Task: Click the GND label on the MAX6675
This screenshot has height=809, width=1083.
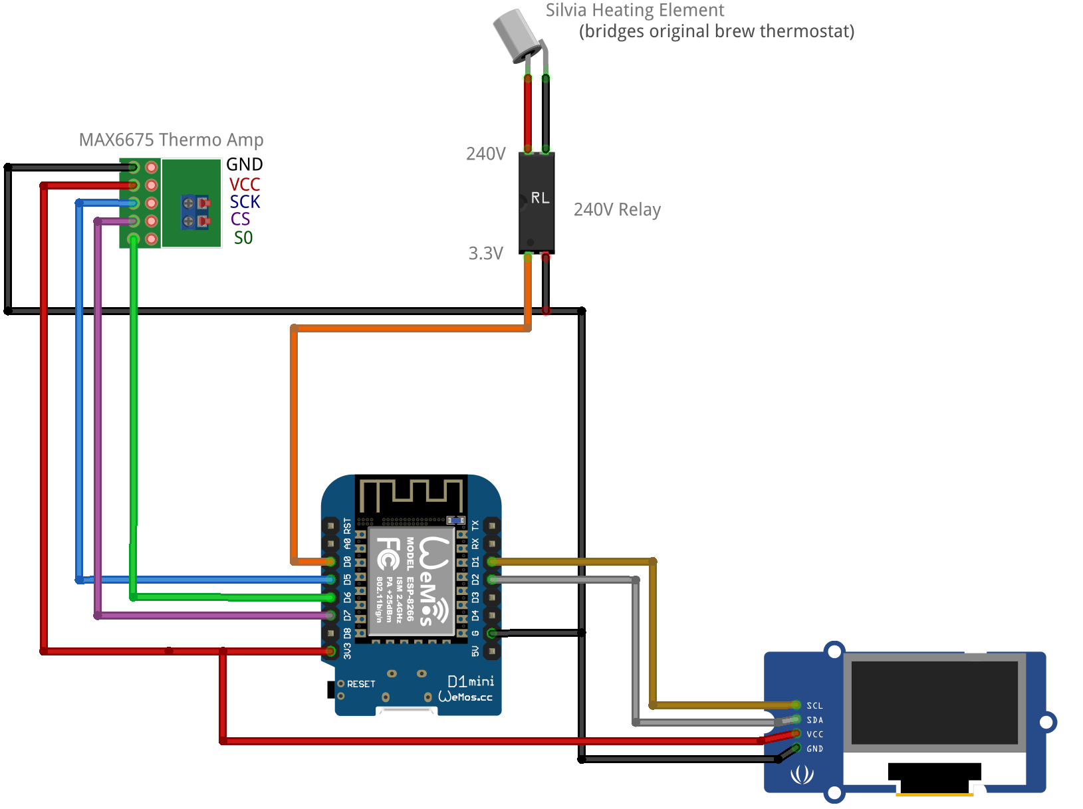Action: pyautogui.click(x=244, y=164)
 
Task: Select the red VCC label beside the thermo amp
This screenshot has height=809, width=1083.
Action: pyautogui.click(x=244, y=184)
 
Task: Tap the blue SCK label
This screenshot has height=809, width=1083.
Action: pyautogui.click(x=245, y=201)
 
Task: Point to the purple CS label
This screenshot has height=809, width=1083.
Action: pyautogui.click(x=240, y=219)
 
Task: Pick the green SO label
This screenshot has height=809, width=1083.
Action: pyautogui.click(x=243, y=238)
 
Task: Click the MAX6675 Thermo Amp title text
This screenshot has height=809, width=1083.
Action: pyautogui.click(x=171, y=140)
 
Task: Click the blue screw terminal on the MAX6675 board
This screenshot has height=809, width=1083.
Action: pyautogui.click(x=194, y=211)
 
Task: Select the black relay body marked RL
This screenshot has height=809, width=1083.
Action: pyautogui.click(x=537, y=203)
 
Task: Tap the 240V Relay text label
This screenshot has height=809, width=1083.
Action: pyautogui.click(x=617, y=209)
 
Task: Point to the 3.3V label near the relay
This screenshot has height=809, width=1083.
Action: pyautogui.click(x=485, y=253)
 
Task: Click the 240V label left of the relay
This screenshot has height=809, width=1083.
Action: pyautogui.click(x=485, y=154)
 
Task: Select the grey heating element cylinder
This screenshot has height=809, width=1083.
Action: pyautogui.click(x=515, y=35)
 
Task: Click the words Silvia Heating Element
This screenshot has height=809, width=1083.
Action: pyautogui.click(x=634, y=10)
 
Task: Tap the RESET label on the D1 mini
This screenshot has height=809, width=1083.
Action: pyautogui.click(x=361, y=684)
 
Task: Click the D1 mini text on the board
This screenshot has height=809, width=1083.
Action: pyautogui.click(x=471, y=681)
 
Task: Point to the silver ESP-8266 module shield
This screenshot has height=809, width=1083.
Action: pyautogui.click(x=412, y=580)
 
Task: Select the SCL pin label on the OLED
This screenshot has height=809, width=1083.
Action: pyautogui.click(x=814, y=706)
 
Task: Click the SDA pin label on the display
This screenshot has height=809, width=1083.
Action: pyautogui.click(x=814, y=720)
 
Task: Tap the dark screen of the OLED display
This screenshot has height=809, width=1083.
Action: pyautogui.click(x=934, y=702)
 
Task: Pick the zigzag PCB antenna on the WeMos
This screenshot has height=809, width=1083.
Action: pyautogui.click(x=411, y=495)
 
